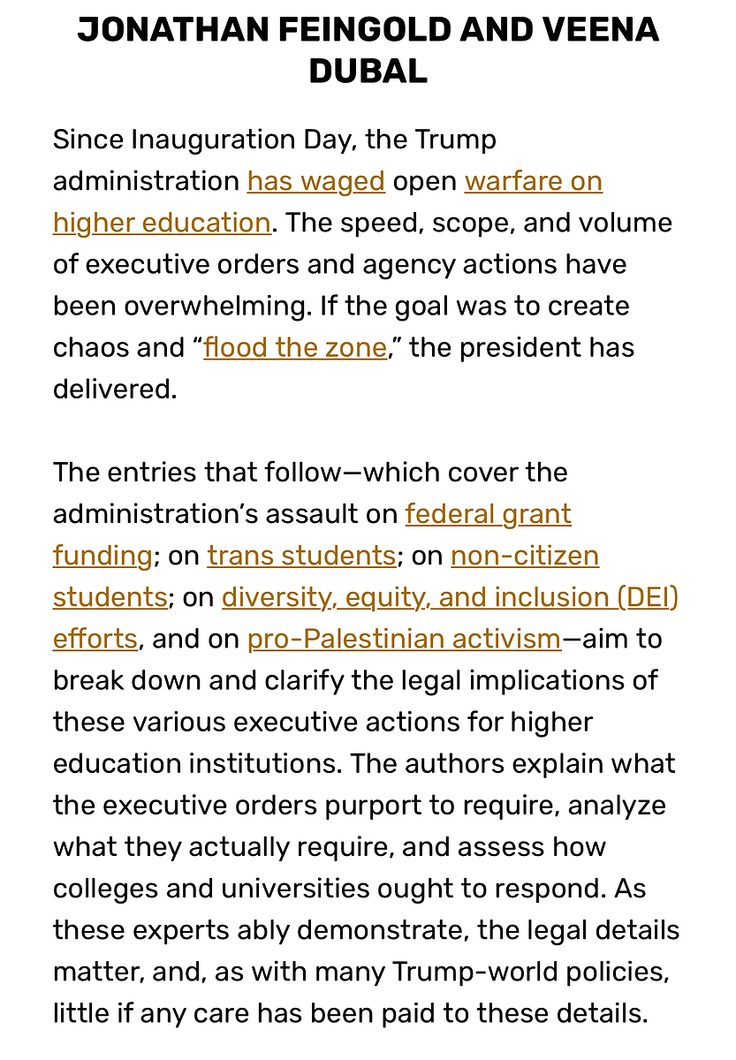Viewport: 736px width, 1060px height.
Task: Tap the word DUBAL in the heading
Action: tap(368, 72)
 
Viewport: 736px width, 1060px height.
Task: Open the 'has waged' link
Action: tap(316, 181)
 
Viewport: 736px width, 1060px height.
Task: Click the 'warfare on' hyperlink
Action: tap(534, 181)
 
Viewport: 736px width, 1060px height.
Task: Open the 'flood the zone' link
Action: tap(295, 347)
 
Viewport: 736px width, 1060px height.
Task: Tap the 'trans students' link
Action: tap(301, 556)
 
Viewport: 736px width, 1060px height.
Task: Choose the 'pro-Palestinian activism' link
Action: tap(405, 639)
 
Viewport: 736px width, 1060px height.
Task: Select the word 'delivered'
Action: tap(115, 389)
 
